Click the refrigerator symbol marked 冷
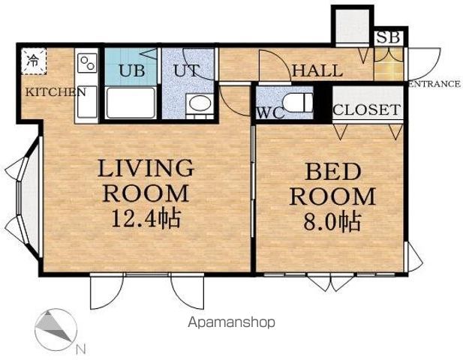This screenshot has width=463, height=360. (x=34, y=61)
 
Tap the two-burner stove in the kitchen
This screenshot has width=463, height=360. (x=88, y=63)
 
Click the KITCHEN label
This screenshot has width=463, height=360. (x=56, y=92)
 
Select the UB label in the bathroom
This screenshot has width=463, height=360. (x=131, y=70)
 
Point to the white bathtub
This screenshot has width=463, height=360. (x=131, y=103)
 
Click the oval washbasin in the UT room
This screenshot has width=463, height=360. (x=200, y=103)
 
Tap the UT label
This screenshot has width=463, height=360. (x=186, y=70)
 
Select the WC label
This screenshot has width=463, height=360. (x=270, y=112)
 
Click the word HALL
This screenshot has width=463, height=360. (x=317, y=70)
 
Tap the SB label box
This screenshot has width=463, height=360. (x=389, y=37)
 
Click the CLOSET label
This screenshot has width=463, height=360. (x=367, y=109)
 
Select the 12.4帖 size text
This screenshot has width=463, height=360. (x=146, y=219)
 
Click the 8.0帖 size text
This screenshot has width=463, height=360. (x=332, y=222)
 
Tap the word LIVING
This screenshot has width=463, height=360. (x=146, y=168)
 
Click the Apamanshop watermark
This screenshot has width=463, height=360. (x=231, y=322)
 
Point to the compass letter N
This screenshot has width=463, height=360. (x=80, y=349)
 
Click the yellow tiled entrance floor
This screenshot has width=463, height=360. (x=389, y=64)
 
